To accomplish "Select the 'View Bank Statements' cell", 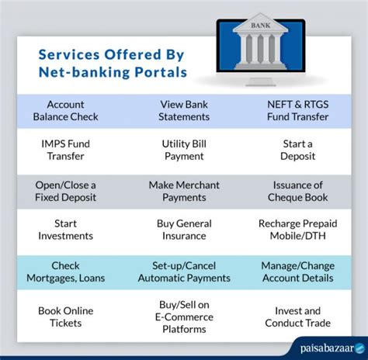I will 185,110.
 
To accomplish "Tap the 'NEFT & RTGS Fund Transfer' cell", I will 297,110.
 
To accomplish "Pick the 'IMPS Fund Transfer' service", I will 66,150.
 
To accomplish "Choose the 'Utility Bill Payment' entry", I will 185,150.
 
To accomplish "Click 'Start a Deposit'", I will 297,150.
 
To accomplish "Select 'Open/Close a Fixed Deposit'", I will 66,191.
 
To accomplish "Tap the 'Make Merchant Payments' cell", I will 185,191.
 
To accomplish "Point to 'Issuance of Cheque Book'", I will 297,191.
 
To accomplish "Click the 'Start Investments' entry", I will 66,231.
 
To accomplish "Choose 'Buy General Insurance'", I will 185,231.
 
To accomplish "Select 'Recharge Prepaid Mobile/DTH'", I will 297,231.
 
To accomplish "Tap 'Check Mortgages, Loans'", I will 66,272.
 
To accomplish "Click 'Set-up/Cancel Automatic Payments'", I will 185,272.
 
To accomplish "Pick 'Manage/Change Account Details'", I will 297,272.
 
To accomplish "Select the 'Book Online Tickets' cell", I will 66,317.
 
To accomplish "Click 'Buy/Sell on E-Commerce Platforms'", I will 185,317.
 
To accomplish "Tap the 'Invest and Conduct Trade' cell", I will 297,317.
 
